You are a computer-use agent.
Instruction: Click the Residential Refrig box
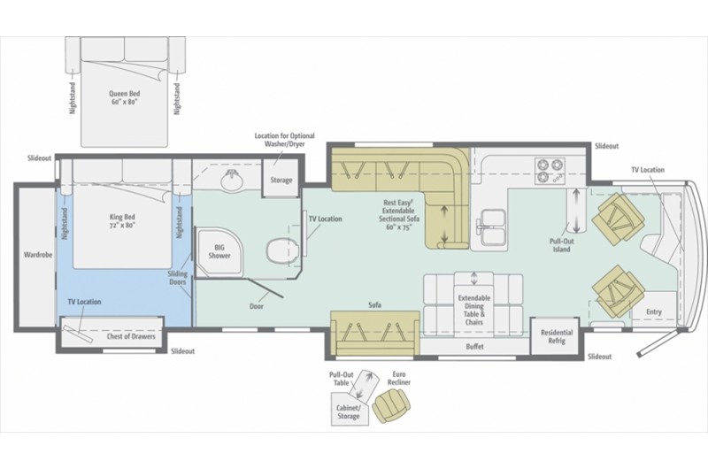coord(557,337)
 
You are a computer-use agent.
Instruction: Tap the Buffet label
coord(474,347)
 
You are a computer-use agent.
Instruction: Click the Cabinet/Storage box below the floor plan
coord(348,411)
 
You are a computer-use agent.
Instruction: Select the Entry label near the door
coord(653,311)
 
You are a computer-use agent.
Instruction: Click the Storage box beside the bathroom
coord(281,180)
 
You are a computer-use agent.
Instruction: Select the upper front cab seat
coord(617,217)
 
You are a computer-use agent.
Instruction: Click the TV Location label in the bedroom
coord(83,302)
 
